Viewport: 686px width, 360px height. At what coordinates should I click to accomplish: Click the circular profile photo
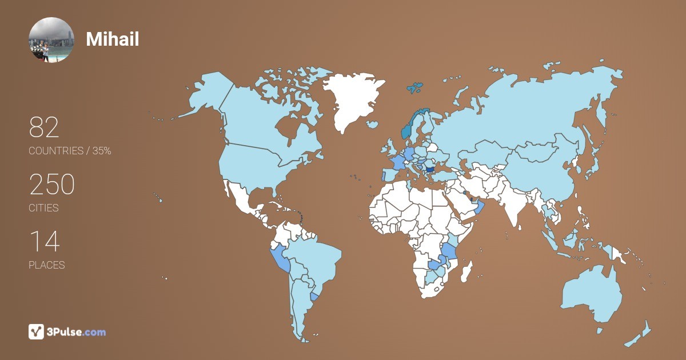coord(51,39)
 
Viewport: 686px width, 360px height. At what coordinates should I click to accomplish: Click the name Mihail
coord(113,39)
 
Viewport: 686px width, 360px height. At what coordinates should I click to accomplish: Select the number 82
coord(44,128)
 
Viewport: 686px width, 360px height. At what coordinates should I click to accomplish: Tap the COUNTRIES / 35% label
coord(70,151)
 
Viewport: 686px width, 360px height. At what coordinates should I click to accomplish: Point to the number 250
coord(52,185)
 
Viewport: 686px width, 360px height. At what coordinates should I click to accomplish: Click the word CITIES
coord(44,208)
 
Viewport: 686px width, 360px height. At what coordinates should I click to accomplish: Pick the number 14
coord(44,242)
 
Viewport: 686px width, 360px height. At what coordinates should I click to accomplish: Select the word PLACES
coord(47,265)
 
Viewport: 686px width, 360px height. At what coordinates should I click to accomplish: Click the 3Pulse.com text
coord(77,331)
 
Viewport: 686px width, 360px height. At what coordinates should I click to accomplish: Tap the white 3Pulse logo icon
coord(37,331)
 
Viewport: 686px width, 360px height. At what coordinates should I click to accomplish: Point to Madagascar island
coord(467,271)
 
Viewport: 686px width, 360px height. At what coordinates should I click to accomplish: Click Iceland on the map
coord(372,124)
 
